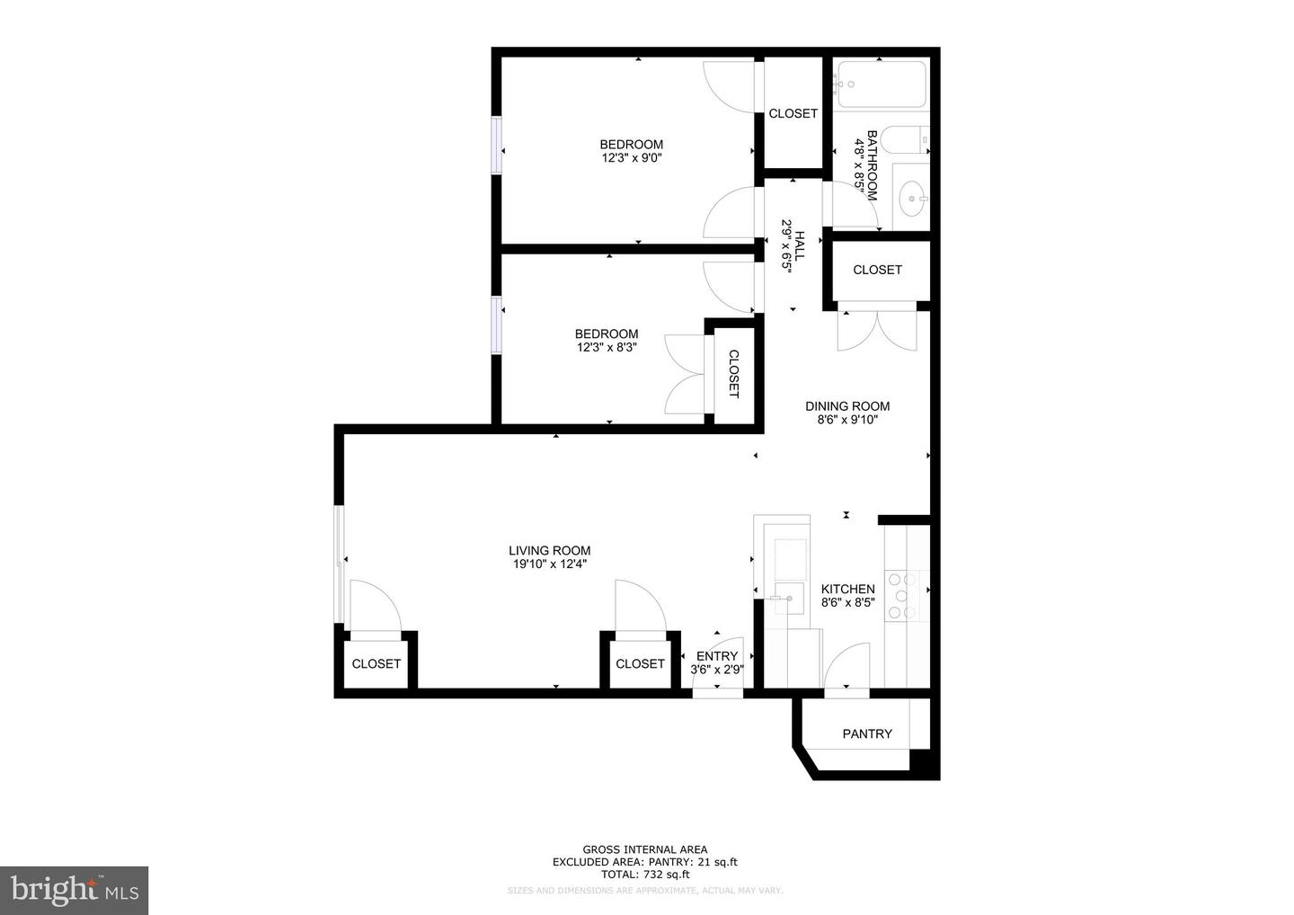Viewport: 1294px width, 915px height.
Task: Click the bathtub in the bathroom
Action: pos(882,84)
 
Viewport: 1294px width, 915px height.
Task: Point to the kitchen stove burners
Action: pos(902,596)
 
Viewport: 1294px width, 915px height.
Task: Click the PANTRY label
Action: pos(867,733)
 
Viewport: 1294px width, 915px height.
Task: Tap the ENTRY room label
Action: pos(717,656)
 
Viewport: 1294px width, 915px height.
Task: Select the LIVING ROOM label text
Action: pos(549,550)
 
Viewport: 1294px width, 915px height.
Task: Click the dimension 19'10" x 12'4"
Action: pos(549,564)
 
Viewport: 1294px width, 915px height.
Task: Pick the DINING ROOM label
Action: pos(847,406)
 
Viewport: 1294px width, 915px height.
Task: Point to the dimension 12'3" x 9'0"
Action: pos(632,157)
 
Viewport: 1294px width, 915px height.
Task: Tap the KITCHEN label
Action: pos(848,589)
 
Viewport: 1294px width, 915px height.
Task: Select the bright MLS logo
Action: pos(75,890)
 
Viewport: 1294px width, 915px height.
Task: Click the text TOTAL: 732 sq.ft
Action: pos(645,875)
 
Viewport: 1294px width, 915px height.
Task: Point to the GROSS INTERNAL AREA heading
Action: pos(644,849)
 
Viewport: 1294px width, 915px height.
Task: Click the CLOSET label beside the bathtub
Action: pos(793,114)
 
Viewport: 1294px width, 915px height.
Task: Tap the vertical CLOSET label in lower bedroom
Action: pos(733,374)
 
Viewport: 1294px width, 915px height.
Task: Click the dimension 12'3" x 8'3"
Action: pos(607,347)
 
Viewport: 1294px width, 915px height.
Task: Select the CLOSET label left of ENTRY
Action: pos(640,663)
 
